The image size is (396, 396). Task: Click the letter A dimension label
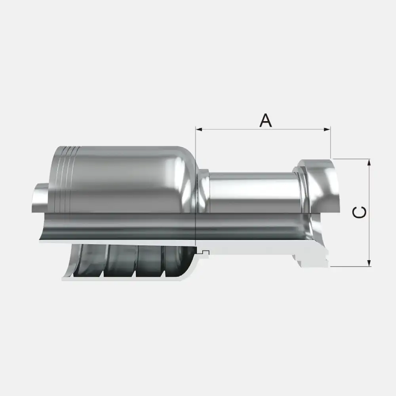[x=266, y=120]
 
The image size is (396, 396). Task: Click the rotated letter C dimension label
[x=359, y=212]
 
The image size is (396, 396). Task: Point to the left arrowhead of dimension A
[x=199, y=129]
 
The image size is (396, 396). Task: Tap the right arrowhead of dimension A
[x=327, y=129]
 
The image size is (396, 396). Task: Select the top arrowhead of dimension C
[x=369, y=162]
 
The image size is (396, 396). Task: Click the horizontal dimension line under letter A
[x=263, y=129]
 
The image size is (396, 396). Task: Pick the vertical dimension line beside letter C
[x=369, y=213]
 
